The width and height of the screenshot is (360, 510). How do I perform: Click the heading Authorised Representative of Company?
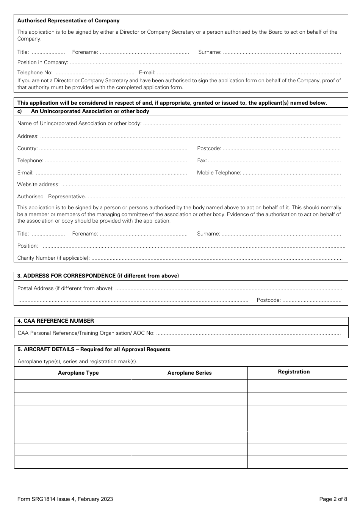point(68,21)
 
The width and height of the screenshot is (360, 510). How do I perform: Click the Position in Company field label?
point(42,62)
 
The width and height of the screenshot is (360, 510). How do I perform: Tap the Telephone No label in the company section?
point(35,72)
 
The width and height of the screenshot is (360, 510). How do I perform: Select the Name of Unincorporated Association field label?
point(79,123)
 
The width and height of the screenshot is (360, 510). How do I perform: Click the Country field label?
point(27,148)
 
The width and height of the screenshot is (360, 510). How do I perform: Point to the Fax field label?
point(202,160)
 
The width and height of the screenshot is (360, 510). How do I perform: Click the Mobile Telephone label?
point(219,173)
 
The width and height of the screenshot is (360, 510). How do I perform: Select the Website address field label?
point(38,184)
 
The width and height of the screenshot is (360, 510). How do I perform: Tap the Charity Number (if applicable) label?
point(53,258)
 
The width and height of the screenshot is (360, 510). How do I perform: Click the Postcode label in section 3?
point(268,300)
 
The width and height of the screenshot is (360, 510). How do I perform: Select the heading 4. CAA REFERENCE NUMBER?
point(56,321)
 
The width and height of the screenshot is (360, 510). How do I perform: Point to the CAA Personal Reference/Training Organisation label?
point(86,333)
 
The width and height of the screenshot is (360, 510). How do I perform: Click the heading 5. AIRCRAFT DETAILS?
point(94,349)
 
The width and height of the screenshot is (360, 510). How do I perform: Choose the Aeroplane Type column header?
point(78,373)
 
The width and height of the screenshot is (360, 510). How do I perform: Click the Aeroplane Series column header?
point(189,373)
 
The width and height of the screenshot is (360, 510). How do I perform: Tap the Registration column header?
point(294,372)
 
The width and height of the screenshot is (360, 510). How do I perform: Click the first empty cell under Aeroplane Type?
point(72,386)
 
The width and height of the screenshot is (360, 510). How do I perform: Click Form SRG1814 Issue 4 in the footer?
point(65,499)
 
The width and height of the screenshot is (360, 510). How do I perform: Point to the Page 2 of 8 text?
point(333,499)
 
